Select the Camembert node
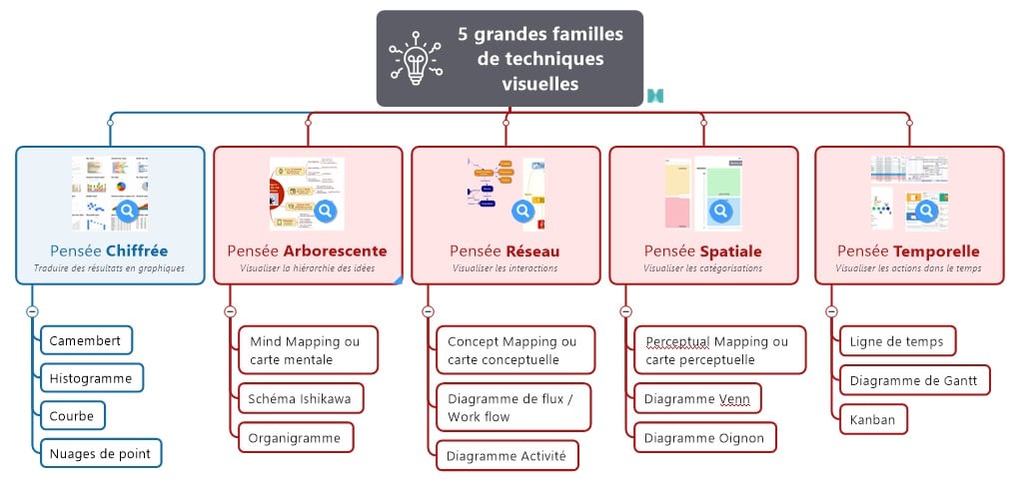click(86, 340)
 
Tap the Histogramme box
click(91, 378)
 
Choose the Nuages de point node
click(100, 453)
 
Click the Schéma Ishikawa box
click(300, 399)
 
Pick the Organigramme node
click(295, 437)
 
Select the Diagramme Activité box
click(506, 456)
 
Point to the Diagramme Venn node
click(697, 399)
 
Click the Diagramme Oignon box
click(703, 437)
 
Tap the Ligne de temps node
click(896, 341)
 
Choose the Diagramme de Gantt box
click(913, 379)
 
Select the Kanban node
click(872, 418)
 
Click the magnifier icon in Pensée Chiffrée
click(127, 212)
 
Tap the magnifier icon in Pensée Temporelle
click(927, 212)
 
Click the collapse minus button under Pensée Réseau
click(428, 311)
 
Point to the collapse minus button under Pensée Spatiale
click(625, 311)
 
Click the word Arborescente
click(335, 250)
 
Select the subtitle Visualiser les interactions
click(505, 268)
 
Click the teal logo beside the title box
click(655, 96)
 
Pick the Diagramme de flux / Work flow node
click(512, 407)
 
